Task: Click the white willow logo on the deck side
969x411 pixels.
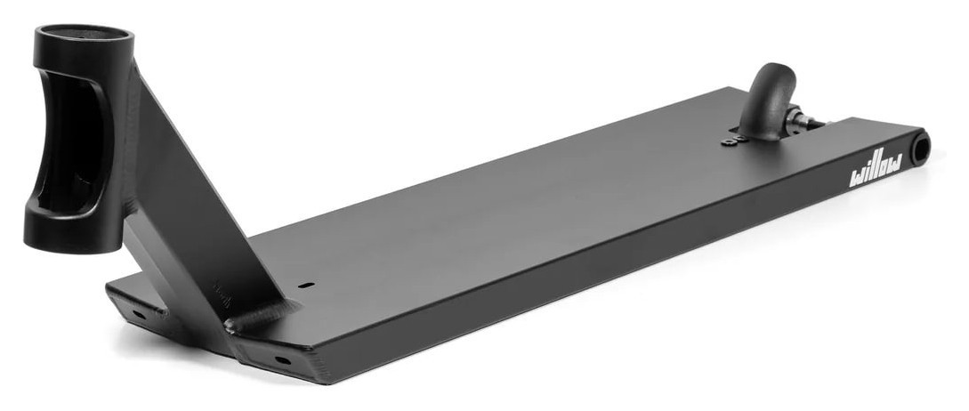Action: [x=876, y=169]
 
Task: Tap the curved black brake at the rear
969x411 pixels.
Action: [x=768, y=102]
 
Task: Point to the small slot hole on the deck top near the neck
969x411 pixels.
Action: [x=306, y=285]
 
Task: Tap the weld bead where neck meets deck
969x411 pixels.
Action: [x=260, y=315]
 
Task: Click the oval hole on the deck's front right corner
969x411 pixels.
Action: [x=281, y=359]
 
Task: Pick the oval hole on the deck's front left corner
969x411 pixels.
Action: [x=139, y=314]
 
